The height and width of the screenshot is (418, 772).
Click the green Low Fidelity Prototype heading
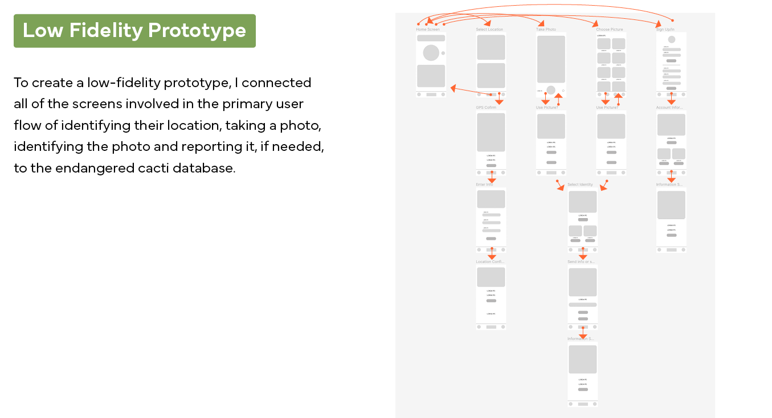[x=134, y=31]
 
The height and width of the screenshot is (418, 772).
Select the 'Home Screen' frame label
[x=427, y=29]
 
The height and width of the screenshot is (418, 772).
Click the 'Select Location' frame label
[x=489, y=29]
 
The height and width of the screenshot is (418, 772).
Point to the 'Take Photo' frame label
[x=546, y=29]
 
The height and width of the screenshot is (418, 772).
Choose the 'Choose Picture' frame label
[x=609, y=29]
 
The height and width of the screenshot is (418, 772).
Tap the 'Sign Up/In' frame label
[x=665, y=29]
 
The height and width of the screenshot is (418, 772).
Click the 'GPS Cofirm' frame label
[x=486, y=107]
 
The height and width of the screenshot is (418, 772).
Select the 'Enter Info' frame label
[x=484, y=185]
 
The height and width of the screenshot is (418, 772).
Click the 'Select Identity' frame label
[x=580, y=185]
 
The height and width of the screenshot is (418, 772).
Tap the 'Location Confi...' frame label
[x=490, y=261]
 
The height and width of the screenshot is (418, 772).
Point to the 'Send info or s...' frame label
[x=581, y=261]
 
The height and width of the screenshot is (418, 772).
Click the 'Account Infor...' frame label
[x=669, y=107]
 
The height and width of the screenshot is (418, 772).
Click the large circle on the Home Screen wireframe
[x=431, y=53]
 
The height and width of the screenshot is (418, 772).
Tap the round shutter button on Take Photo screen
[x=551, y=90]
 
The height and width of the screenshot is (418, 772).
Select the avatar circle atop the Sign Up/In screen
[x=672, y=39]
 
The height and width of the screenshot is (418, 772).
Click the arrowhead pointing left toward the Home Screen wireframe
[x=454, y=88]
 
